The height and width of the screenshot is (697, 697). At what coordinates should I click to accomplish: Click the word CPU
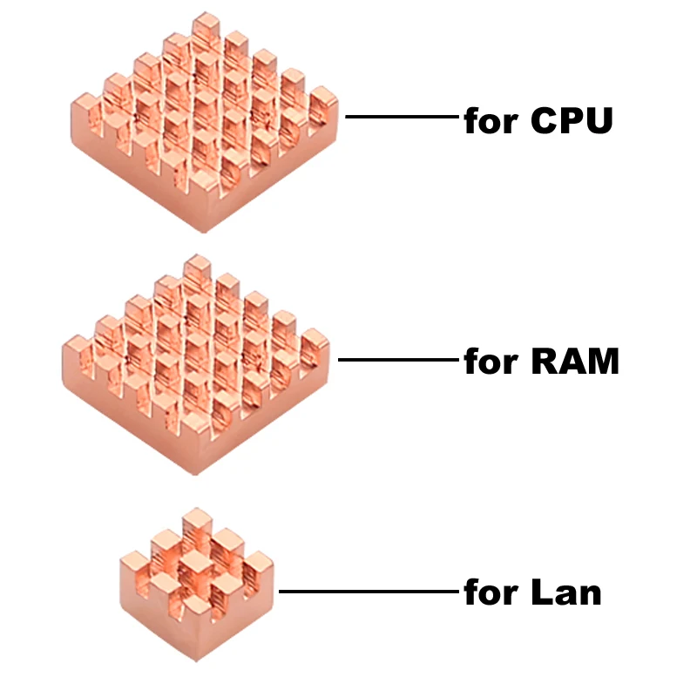572,121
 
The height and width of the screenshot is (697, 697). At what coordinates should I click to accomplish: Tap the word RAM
575,360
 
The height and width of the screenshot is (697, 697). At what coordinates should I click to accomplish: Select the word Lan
565,593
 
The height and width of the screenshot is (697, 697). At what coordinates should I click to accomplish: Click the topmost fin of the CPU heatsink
206,28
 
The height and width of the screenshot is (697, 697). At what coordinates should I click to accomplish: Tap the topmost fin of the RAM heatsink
198,270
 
